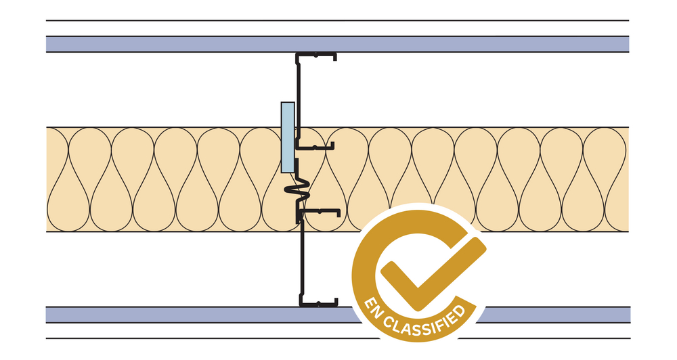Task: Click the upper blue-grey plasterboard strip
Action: point(169,44)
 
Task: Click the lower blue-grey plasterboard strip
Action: point(169,315)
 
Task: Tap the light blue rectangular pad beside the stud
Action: point(287,137)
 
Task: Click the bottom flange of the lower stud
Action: point(318,302)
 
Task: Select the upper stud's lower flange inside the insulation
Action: point(318,145)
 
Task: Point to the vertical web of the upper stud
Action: point(298,95)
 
